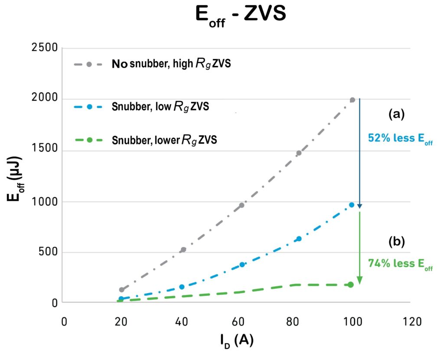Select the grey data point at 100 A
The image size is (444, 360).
click(x=353, y=100)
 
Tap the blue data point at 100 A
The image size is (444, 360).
click(x=352, y=205)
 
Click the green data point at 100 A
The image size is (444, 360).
click(x=351, y=285)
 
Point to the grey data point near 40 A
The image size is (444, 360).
click(x=183, y=249)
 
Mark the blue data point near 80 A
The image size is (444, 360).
click(x=299, y=239)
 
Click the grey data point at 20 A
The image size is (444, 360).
click(x=122, y=290)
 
